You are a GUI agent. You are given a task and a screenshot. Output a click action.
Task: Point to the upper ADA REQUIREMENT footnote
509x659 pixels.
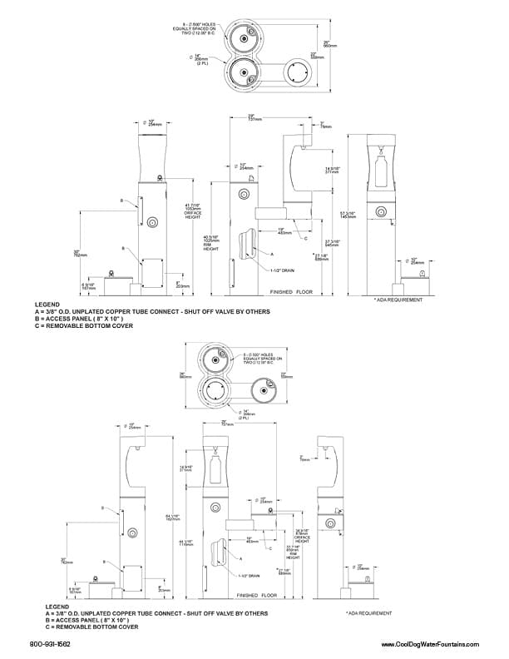click(393, 299)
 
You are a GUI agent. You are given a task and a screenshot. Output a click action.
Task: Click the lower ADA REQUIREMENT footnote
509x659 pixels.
click(369, 612)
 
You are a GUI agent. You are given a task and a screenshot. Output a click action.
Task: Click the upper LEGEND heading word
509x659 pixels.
click(47, 305)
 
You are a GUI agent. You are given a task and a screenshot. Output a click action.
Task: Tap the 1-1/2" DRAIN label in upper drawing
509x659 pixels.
click(283, 270)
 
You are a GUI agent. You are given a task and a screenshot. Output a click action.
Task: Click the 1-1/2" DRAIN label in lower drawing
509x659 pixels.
click(249, 576)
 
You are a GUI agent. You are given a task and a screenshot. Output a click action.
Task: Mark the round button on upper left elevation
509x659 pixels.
click(153, 221)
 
